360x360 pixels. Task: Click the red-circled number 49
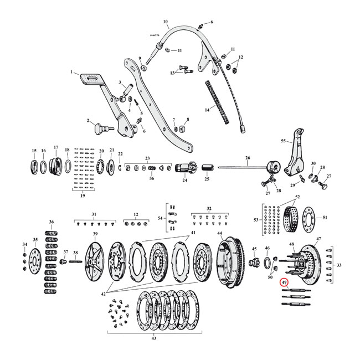click(x=284, y=282)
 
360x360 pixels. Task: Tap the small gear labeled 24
click(x=184, y=168)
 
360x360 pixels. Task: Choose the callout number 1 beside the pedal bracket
click(x=71, y=73)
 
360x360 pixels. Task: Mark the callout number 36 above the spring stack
click(x=52, y=222)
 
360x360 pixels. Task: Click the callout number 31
click(x=94, y=214)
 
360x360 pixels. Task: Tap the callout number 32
click(x=209, y=209)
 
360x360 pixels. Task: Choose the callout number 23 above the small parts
click(x=147, y=157)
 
